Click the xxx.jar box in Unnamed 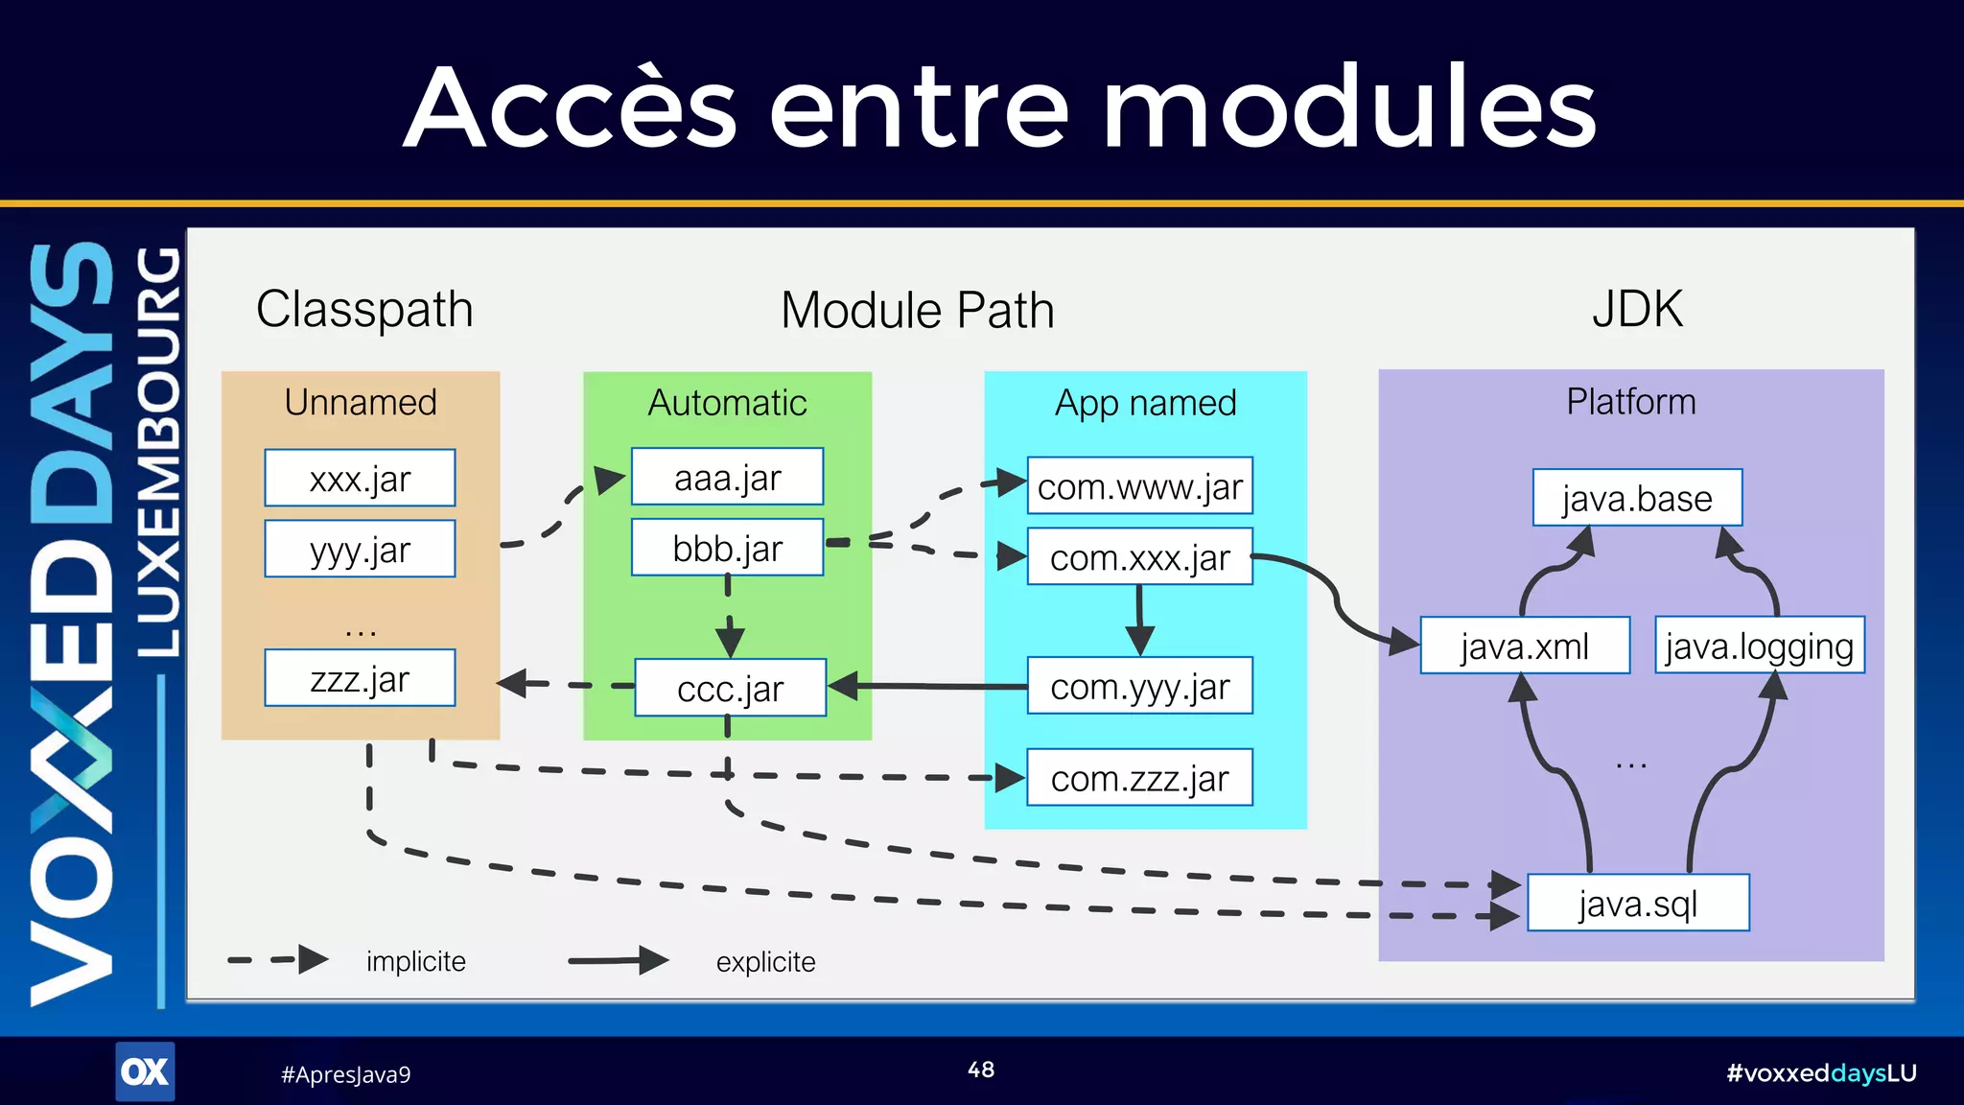[360, 478]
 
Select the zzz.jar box [360, 678]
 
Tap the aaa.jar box [727, 477]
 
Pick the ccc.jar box [730, 688]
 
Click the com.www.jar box [1139, 486]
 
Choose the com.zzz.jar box [1139, 778]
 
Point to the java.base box [1637, 498]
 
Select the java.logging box [1759, 646]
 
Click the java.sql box [1638, 904]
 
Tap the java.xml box [1524, 646]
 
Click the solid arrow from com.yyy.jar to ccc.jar [930, 686]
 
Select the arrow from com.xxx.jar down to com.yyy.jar [1139, 619]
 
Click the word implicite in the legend [415, 961]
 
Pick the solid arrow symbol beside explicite [618, 960]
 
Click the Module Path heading [917, 310]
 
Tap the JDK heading [1637, 309]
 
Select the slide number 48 [980, 1070]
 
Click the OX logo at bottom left [145, 1071]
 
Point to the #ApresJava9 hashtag [345, 1074]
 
